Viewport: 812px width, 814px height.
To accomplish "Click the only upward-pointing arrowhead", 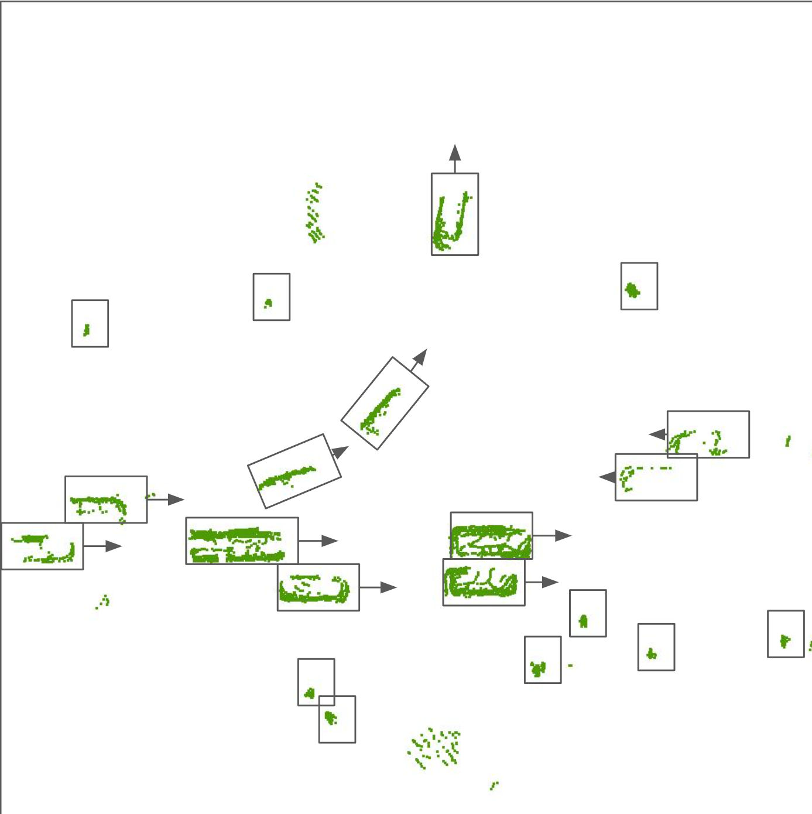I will click(x=455, y=153).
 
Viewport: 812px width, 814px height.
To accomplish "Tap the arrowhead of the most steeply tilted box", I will click(x=420, y=357).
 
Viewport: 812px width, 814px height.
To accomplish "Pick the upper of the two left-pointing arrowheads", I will click(x=657, y=435).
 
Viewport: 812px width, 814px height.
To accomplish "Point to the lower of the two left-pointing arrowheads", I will click(x=607, y=477).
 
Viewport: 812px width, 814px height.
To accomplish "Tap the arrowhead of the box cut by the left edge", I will click(x=114, y=546).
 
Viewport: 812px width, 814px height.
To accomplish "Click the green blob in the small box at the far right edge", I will click(x=784, y=641).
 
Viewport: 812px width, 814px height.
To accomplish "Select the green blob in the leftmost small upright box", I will click(x=87, y=330).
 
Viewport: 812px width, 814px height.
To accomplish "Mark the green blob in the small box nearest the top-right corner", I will click(x=632, y=290).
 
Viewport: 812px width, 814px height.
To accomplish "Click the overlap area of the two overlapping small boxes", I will click(x=327, y=701).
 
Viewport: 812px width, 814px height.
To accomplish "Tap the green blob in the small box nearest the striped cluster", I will click(x=268, y=303).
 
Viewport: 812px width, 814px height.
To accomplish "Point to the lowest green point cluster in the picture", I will click(x=494, y=785).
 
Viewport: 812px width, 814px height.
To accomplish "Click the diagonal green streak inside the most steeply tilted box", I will click(x=381, y=408).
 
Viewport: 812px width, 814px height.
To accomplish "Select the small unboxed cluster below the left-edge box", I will click(x=103, y=602).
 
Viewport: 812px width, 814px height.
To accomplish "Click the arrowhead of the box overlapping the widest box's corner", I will click(x=388, y=587).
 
